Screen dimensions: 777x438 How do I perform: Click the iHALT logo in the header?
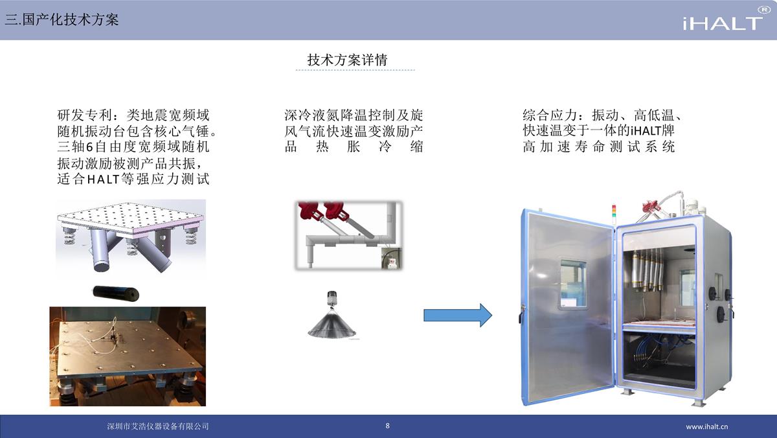pos(723,23)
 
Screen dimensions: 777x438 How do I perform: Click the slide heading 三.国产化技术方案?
pos(62,19)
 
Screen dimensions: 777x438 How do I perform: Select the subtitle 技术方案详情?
pos(347,60)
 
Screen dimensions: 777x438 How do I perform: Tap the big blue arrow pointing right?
pos(458,315)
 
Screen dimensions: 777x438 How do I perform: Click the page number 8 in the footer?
pos(387,426)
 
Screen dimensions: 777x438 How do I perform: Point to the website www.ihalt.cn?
pos(706,426)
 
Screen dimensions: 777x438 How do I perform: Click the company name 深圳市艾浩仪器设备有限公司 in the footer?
pos(158,426)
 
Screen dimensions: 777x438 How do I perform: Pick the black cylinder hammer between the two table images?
pos(116,294)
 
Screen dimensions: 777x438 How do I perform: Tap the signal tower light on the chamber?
pos(614,212)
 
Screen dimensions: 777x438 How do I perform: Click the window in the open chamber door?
pos(574,284)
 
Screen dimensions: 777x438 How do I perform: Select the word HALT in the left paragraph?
pos(103,179)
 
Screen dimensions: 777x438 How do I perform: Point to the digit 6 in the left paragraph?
pos(89,147)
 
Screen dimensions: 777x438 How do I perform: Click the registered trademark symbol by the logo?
pos(764,10)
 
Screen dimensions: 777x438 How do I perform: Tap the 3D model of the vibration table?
pos(131,238)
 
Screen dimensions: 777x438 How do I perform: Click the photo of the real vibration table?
pos(128,356)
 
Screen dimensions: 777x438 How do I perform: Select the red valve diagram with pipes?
pos(348,235)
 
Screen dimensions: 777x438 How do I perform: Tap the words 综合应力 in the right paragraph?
pos(550,115)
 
